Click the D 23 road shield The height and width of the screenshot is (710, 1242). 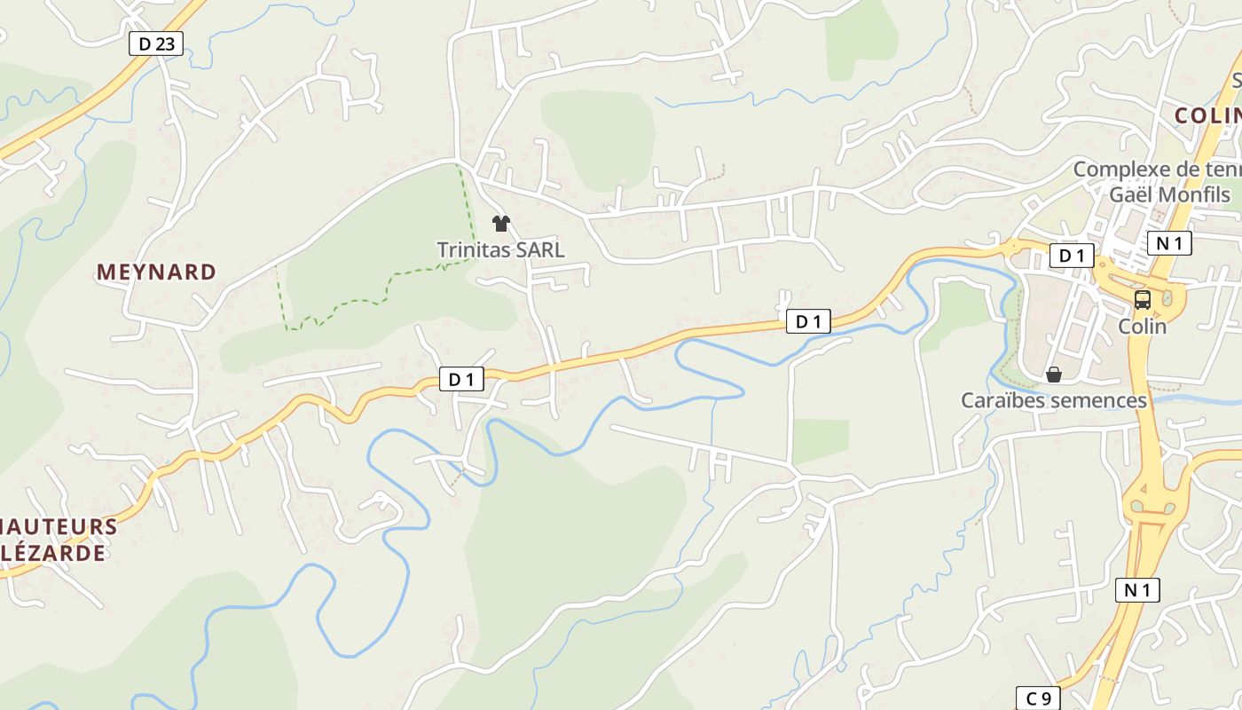pos(156,43)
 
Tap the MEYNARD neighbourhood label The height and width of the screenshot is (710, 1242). pos(156,272)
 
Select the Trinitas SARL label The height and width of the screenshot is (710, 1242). pos(500,250)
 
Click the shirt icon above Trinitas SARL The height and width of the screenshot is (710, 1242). pos(501,223)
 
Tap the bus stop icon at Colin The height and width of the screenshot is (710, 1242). pos(1143,300)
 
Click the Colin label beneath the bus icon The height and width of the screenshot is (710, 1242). pos(1143,326)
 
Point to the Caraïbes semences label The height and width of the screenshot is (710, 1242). pos(1054,400)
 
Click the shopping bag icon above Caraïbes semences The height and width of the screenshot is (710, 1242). pos(1054,375)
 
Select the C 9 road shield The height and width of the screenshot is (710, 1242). pos(1038,698)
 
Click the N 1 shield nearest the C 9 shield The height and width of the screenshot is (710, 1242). pos(1137,589)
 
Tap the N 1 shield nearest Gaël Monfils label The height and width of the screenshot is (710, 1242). pos(1169,243)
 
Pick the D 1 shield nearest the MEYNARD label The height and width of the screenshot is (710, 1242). pos(461,380)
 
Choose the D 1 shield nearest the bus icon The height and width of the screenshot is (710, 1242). pos(1072,256)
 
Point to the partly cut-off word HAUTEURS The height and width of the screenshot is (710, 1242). pos(59,526)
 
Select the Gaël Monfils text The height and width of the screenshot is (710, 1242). pos(1162,194)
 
